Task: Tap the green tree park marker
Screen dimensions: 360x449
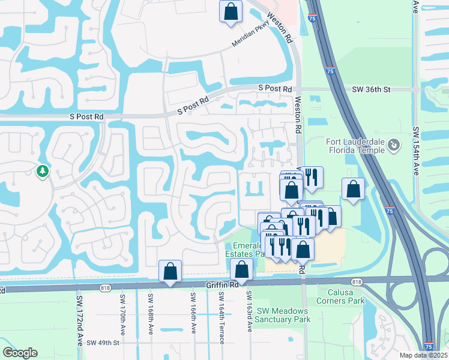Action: [x=43, y=172]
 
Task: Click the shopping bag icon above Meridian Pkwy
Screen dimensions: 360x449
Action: [x=231, y=12]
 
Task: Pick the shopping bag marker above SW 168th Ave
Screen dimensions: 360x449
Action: [x=170, y=271]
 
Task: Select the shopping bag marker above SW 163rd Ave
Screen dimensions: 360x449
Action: [x=242, y=269]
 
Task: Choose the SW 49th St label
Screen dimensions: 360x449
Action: [x=103, y=343]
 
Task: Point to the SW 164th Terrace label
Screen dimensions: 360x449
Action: [x=221, y=318]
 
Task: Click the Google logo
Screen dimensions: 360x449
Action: [x=20, y=353]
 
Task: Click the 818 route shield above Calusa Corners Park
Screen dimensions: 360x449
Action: [x=357, y=281]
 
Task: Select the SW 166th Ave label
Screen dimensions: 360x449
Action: [x=194, y=314]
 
